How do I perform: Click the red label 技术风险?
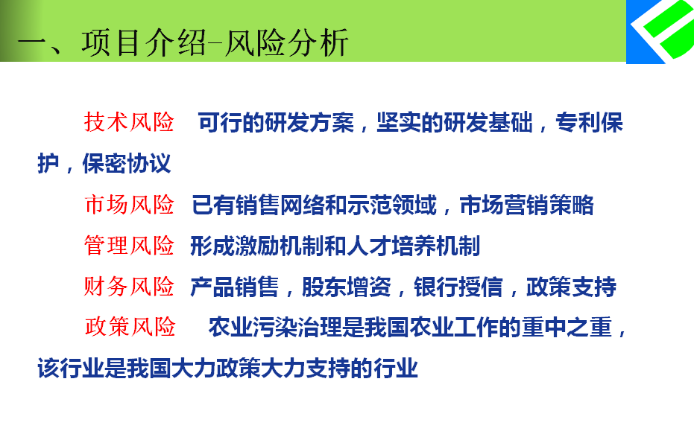click(x=129, y=122)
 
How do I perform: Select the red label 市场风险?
click(x=129, y=205)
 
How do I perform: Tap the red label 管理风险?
click(x=129, y=246)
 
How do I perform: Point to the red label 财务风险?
click(x=129, y=286)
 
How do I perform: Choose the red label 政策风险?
click(x=130, y=327)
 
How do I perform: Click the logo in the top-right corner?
click(x=660, y=31)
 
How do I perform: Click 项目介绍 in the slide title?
click(x=144, y=43)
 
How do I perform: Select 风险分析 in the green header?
click(x=287, y=43)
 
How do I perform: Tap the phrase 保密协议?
click(x=127, y=163)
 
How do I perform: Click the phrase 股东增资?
click(x=347, y=287)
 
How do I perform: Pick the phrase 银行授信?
click(x=458, y=287)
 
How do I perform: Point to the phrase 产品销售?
click(x=235, y=287)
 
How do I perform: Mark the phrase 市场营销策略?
click(x=527, y=205)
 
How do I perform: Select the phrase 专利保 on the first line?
click(x=589, y=123)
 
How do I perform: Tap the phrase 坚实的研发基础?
click(x=455, y=123)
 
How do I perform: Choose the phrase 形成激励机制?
click(x=256, y=246)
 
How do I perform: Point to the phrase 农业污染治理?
click(x=275, y=328)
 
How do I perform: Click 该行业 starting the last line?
click(x=71, y=368)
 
